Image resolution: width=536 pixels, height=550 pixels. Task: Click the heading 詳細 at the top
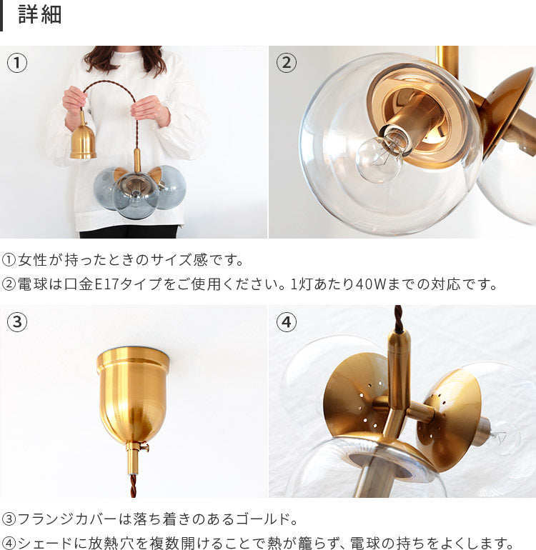(x=40, y=15)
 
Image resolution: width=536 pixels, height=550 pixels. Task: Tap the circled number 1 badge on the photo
(x=17, y=63)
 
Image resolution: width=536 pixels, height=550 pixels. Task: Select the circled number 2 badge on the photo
(x=286, y=63)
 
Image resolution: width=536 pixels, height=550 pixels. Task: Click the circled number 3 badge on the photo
(x=17, y=322)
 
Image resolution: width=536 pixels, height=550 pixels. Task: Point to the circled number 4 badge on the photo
(x=286, y=322)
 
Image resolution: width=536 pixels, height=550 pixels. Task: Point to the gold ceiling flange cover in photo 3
(x=134, y=393)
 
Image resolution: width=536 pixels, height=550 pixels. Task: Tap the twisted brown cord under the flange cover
(x=133, y=486)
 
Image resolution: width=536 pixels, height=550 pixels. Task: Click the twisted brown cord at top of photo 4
(x=398, y=318)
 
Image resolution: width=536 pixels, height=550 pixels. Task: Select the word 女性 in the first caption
(x=33, y=260)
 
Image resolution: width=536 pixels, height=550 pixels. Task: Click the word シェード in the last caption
(x=48, y=543)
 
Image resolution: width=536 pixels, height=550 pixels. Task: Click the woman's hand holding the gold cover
(x=74, y=101)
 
